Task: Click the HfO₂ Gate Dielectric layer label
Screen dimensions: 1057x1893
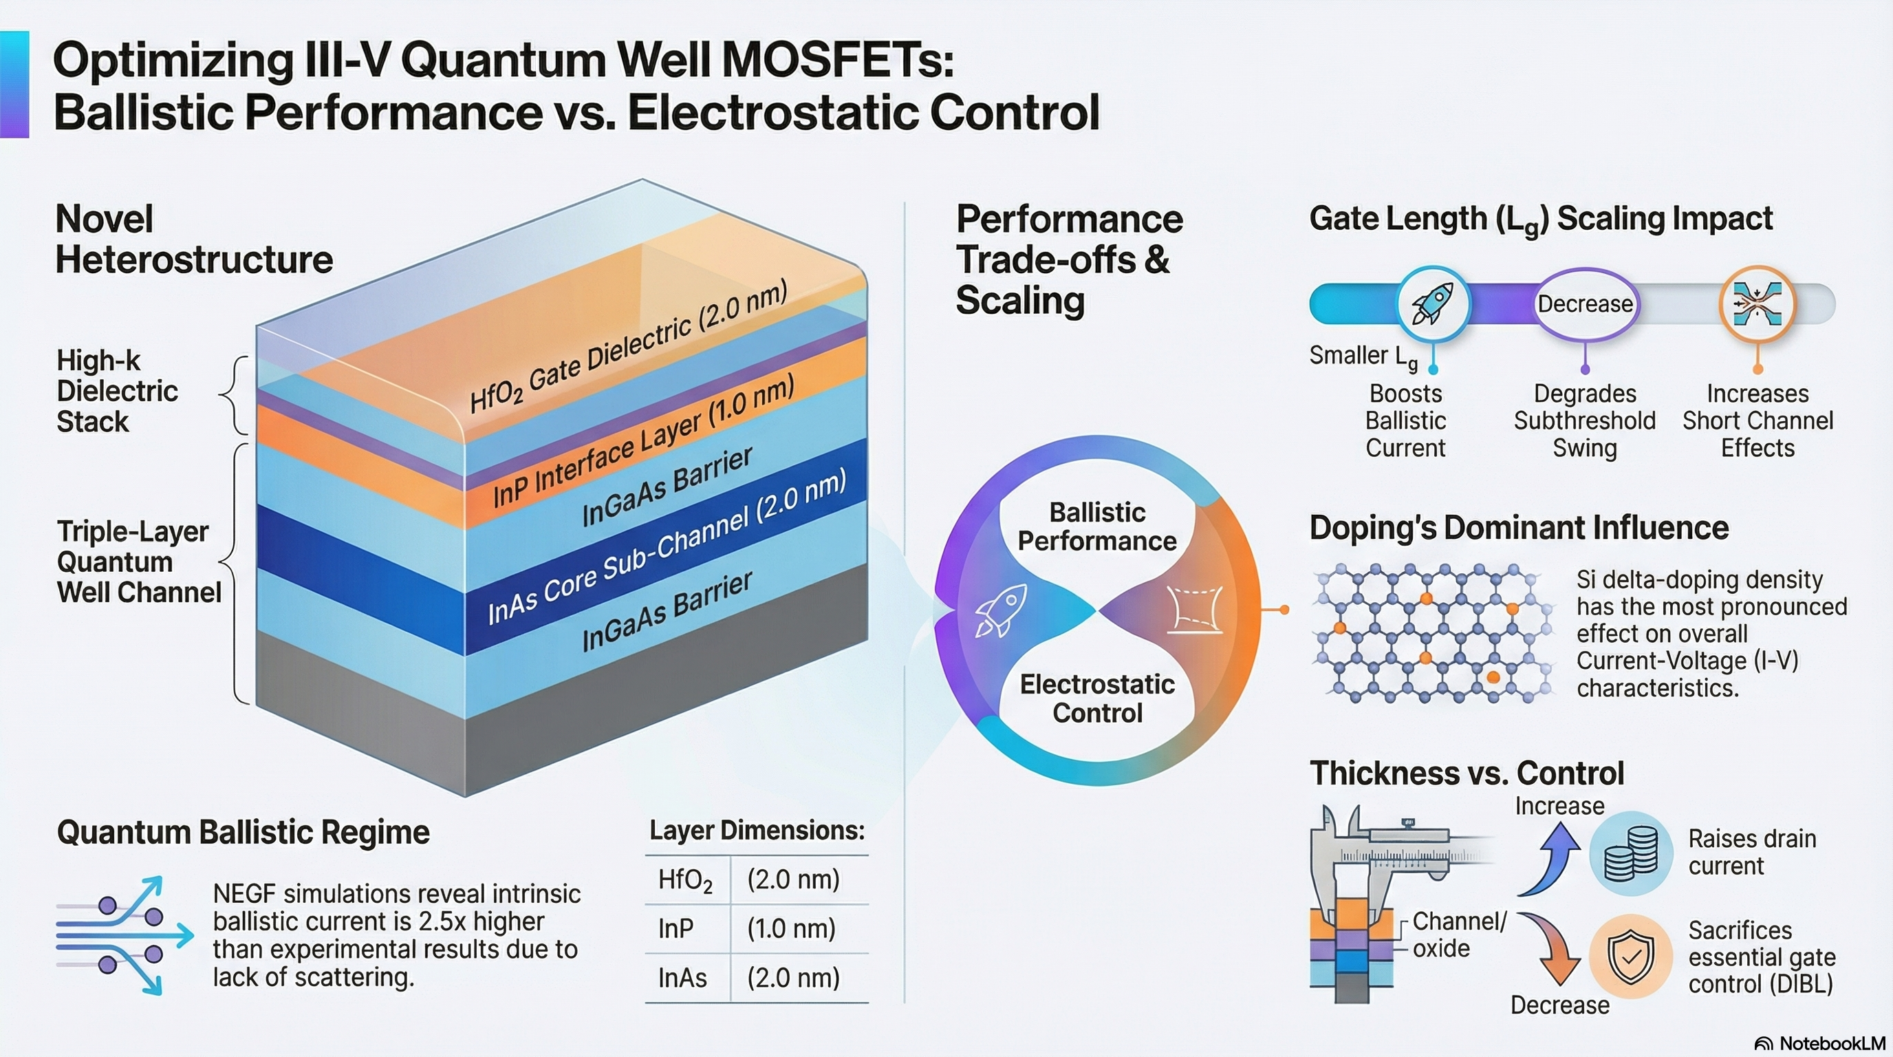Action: [x=628, y=347]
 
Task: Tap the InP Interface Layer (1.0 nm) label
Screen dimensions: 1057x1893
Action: [x=643, y=441]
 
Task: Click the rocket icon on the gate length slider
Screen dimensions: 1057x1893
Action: [x=1432, y=304]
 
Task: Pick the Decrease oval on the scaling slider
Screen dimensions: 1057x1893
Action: [x=1585, y=304]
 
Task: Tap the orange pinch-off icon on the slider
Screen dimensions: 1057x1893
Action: [x=1757, y=304]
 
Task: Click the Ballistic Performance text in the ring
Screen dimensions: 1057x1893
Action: [x=1096, y=526]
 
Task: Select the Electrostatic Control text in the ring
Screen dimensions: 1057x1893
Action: [x=1096, y=698]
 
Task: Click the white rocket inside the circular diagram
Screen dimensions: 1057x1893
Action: [x=1000, y=610]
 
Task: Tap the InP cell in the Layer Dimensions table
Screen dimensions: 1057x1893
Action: [x=676, y=929]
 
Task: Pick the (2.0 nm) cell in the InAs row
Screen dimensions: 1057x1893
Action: [x=793, y=979]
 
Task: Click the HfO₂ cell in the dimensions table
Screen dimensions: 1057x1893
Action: [x=685, y=880]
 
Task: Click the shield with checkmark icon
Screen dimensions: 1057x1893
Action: [x=1631, y=957]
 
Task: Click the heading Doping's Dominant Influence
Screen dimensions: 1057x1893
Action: [x=1518, y=528]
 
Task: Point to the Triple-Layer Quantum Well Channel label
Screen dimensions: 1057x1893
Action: [x=138, y=562]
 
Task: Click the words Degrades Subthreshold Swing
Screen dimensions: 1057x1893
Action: [x=1584, y=420]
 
